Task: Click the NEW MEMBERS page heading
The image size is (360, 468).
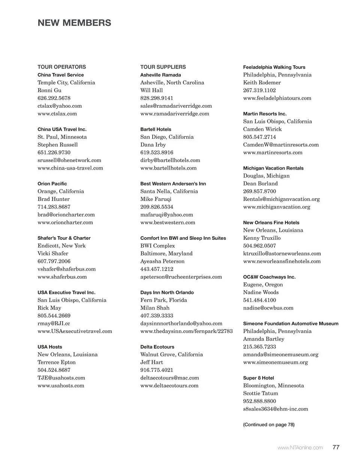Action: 74,23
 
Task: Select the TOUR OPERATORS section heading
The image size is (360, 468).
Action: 61,67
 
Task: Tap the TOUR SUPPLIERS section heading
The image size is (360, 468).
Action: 163,67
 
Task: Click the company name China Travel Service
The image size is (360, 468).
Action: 61,75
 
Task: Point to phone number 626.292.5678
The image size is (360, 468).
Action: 54,98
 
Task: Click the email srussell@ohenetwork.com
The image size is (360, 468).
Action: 69,160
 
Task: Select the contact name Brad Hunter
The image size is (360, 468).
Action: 54,199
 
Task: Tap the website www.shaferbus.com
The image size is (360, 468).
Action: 62,277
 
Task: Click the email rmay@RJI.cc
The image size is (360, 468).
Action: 54,323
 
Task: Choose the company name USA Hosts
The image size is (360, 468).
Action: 50,347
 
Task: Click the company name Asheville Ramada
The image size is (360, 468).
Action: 160,75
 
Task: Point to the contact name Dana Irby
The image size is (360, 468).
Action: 153,144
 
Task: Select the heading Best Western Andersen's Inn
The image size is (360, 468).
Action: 173,184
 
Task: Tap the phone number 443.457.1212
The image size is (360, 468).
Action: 157,269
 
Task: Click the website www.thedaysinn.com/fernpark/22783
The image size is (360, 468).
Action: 186,331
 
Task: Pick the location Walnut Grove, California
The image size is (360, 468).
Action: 171,354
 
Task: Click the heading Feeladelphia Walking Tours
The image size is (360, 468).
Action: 274,67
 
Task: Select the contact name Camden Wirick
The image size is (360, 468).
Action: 262,129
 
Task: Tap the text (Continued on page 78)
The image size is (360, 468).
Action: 269,424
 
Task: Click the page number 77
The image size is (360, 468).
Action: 336,447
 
